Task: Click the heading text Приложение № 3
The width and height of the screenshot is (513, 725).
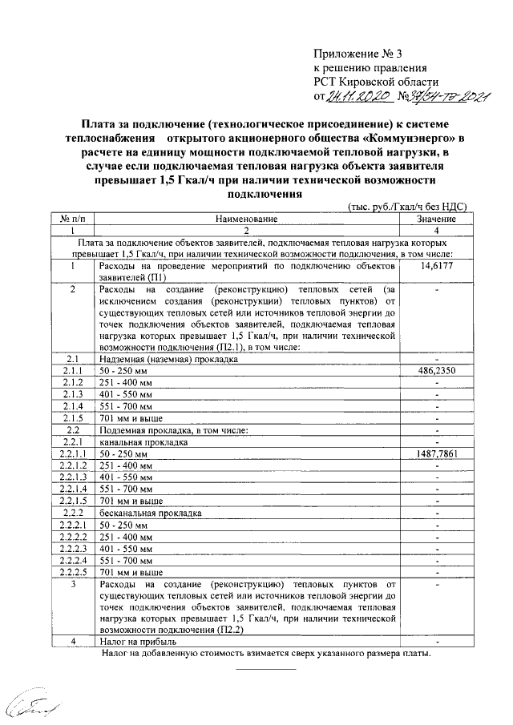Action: pyautogui.click(x=355, y=54)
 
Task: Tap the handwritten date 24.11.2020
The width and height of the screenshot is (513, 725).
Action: pyautogui.click(x=352, y=98)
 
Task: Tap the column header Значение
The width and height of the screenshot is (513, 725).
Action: pyautogui.click(x=437, y=218)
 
